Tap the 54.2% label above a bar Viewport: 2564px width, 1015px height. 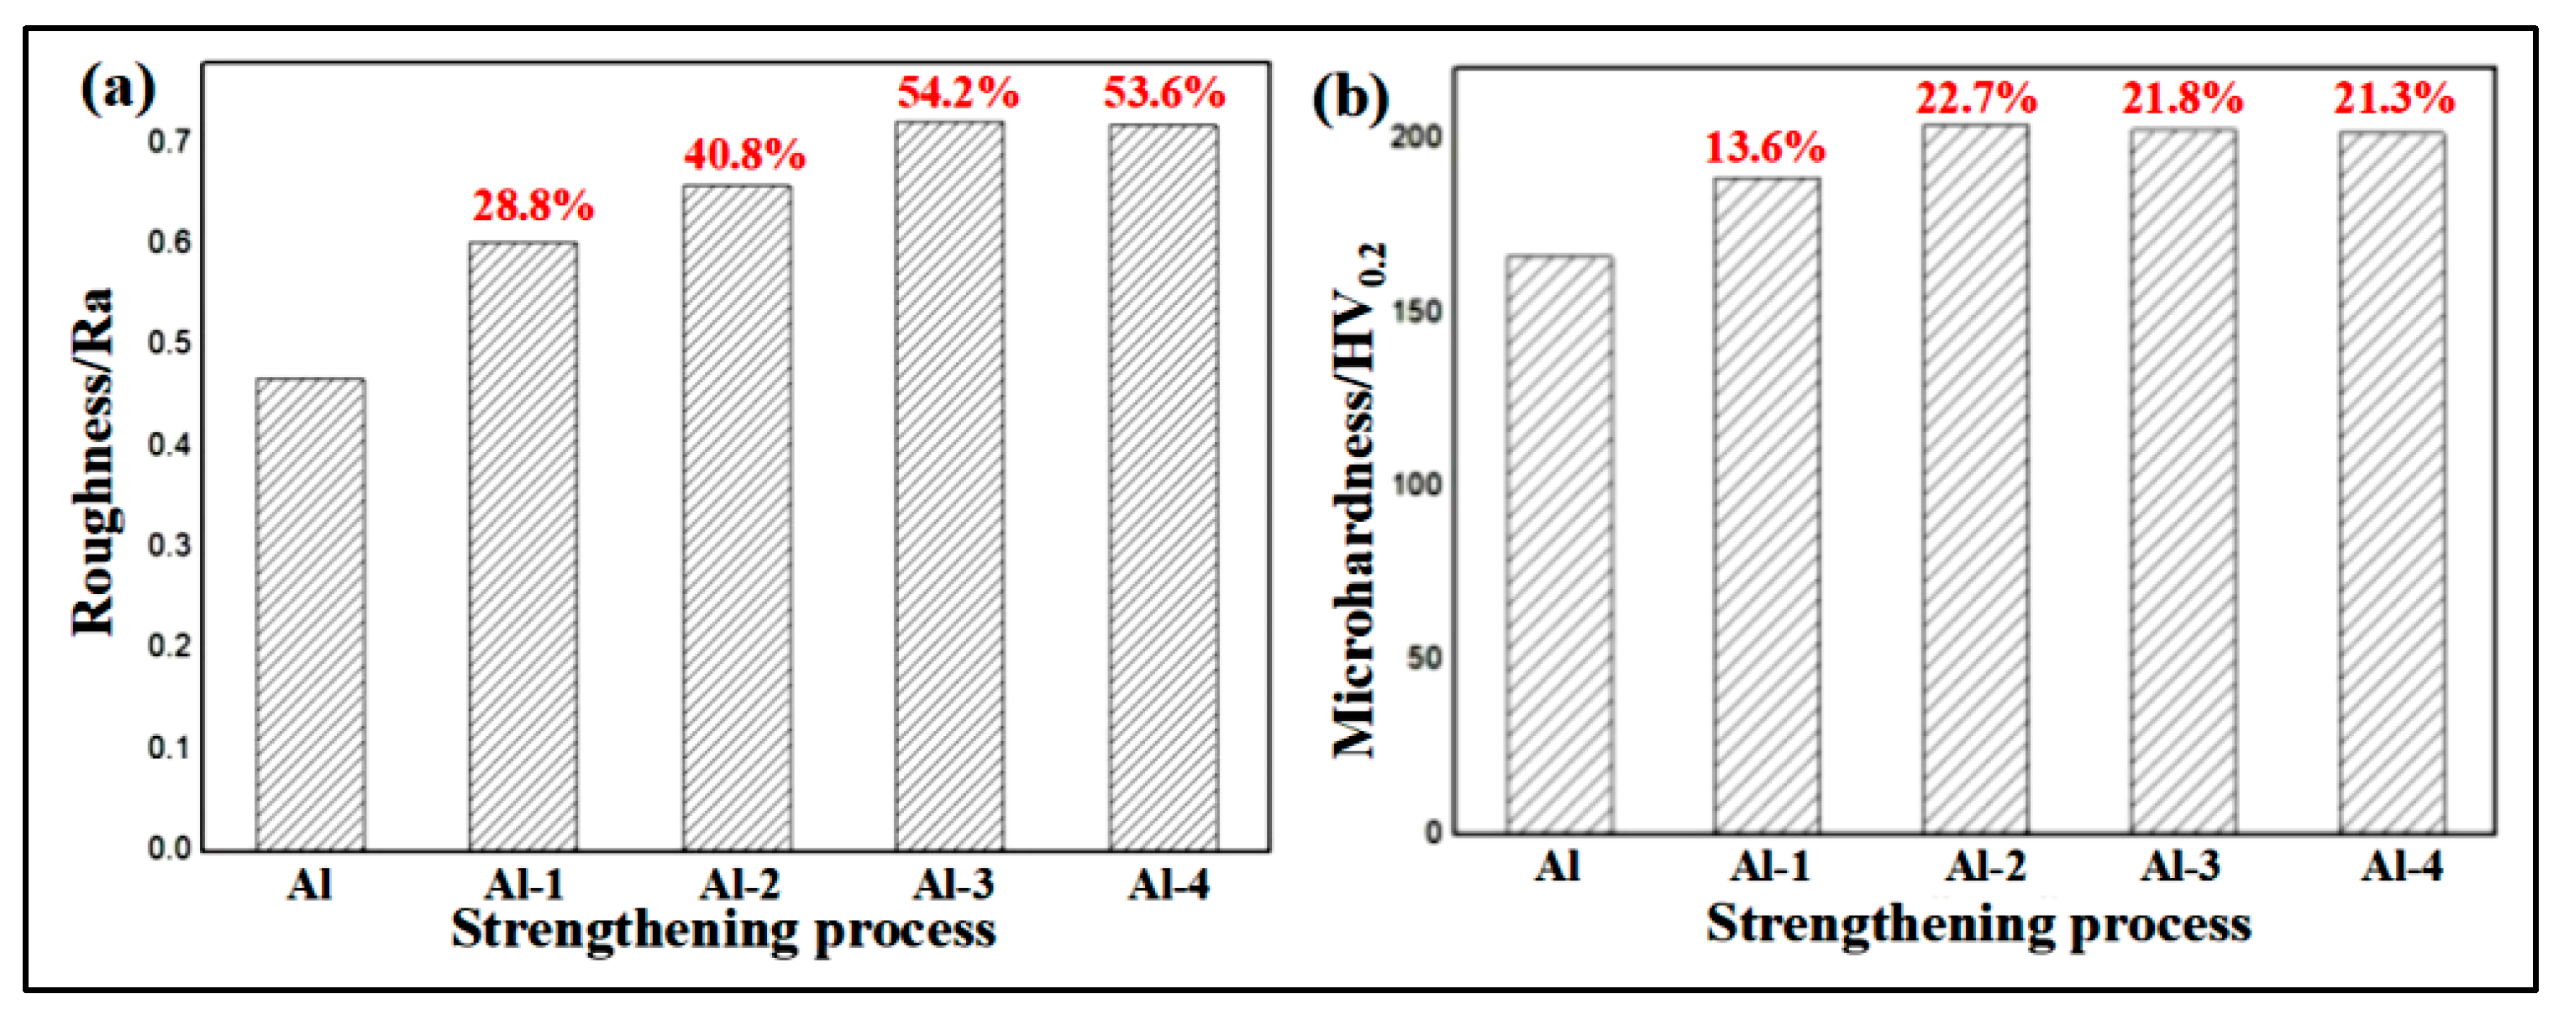(958, 93)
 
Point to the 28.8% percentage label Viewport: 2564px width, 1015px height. (533, 206)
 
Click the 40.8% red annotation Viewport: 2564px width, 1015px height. (744, 155)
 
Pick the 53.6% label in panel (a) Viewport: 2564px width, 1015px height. (1164, 93)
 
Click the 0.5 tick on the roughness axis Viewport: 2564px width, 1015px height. (169, 344)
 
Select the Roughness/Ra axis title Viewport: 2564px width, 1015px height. (95, 463)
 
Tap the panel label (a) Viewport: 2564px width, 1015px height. (118, 90)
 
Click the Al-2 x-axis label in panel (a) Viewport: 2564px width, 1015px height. (738, 884)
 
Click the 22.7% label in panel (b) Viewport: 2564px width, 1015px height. (1976, 98)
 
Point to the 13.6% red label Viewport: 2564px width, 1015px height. (1765, 148)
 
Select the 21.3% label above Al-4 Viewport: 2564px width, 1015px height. (2393, 98)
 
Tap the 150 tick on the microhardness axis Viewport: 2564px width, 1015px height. (1416, 312)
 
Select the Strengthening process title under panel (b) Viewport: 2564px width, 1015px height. (1978, 924)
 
